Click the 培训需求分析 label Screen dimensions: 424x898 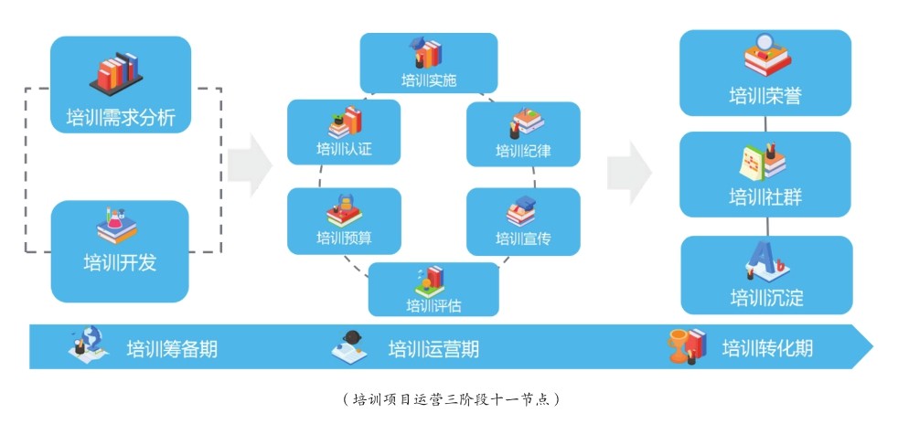click(x=121, y=117)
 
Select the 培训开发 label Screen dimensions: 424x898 click(x=120, y=263)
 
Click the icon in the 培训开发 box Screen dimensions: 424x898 click(x=117, y=225)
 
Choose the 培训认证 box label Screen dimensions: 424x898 click(x=344, y=151)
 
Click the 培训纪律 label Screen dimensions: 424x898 click(x=523, y=151)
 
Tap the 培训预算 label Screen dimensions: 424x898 click(x=344, y=238)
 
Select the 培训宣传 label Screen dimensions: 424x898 click(x=523, y=238)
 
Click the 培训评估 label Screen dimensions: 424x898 click(x=433, y=304)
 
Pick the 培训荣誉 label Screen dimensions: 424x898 click(x=765, y=95)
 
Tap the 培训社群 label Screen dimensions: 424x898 click(x=765, y=196)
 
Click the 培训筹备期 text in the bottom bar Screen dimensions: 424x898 click(x=172, y=349)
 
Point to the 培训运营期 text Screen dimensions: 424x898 click(x=433, y=349)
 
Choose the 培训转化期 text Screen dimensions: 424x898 click(x=767, y=349)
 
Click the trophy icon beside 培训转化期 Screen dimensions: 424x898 click(x=679, y=345)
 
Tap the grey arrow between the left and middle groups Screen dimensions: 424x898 click(x=250, y=165)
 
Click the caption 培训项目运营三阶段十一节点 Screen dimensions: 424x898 click(x=449, y=399)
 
